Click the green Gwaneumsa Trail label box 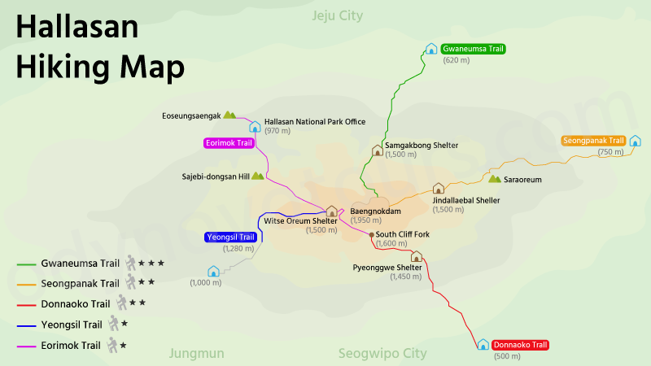click(x=474, y=49)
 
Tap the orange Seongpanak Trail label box click(x=593, y=141)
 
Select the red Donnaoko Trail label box click(x=521, y=345)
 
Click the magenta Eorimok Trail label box click(x=229, y=143)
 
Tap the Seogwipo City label click(x=382, y=354)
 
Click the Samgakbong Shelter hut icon click(x=378, y=150)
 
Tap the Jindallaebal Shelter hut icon click(x=439, y=189)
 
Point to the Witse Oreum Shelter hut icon click(x=331, y=211)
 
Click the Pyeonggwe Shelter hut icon click(x=416, y=256)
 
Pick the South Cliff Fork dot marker click(x=372, y=235)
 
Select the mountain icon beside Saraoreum click(x=494, y=179)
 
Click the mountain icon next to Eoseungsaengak click(x=229, y=115)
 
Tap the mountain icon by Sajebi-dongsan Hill click(x=258, y=176)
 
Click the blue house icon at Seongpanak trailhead click(x=635, y=141)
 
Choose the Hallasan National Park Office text click(x=315, y=121)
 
